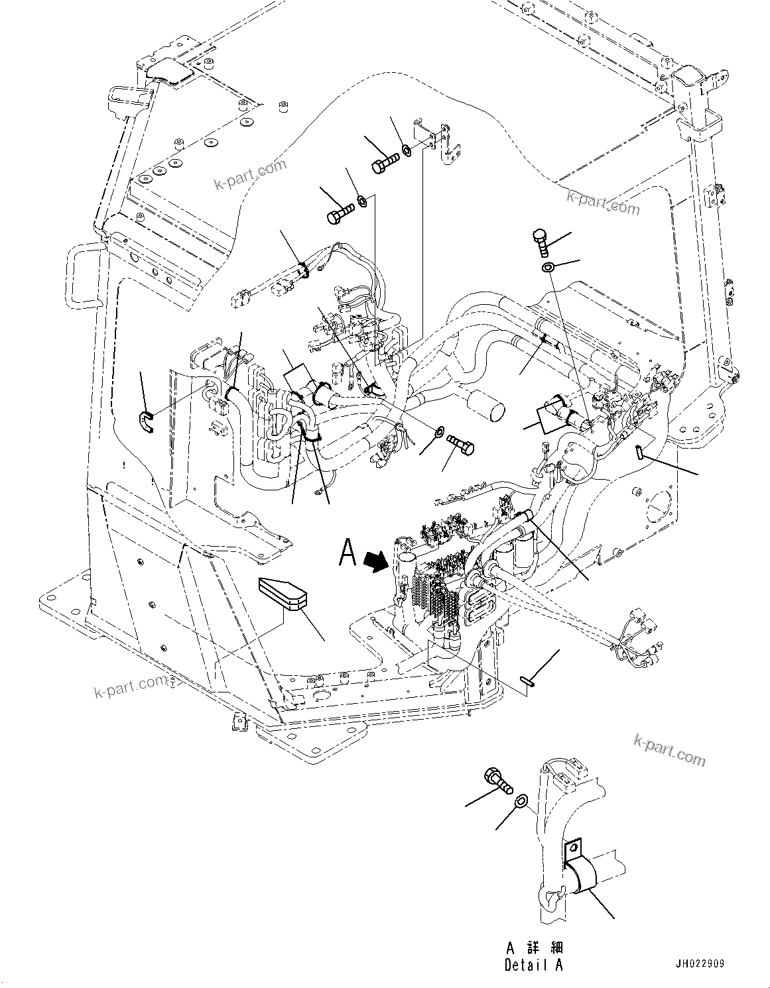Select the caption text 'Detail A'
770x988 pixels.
point(533,965)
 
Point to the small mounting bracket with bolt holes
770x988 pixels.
point(440,142)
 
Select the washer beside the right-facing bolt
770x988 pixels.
point(439,433)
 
